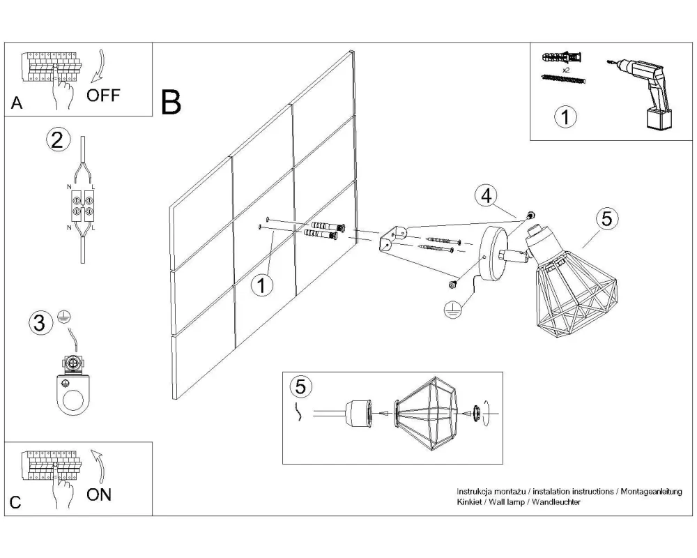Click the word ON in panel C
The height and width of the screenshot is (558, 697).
[99, 495]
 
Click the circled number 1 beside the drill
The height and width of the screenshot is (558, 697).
[565, 116]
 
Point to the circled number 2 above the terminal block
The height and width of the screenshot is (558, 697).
[58, 139]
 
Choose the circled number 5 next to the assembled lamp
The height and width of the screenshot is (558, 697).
[606, 218]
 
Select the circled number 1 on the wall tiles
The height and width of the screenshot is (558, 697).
[262, 285]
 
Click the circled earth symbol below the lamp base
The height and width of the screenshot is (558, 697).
[452, 309]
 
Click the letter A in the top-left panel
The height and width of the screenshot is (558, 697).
[17, 104]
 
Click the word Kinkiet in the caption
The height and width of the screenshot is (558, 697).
[470, 502]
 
